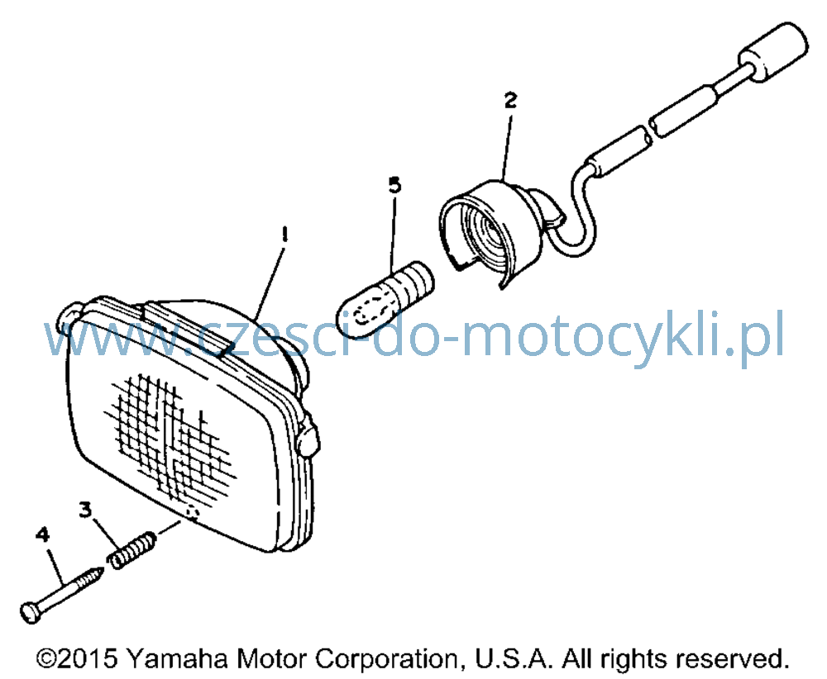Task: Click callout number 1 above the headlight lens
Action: pos(284,234)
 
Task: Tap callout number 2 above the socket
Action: pos(510,100)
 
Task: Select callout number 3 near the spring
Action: pos(85,510)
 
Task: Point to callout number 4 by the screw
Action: pos(43,534)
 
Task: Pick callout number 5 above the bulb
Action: pos(394,185)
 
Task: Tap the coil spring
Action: pos(131,550)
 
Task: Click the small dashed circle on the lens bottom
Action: pos(193,513)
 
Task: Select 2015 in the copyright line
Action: pos(87,658)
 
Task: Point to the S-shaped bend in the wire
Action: pos(581,211)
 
